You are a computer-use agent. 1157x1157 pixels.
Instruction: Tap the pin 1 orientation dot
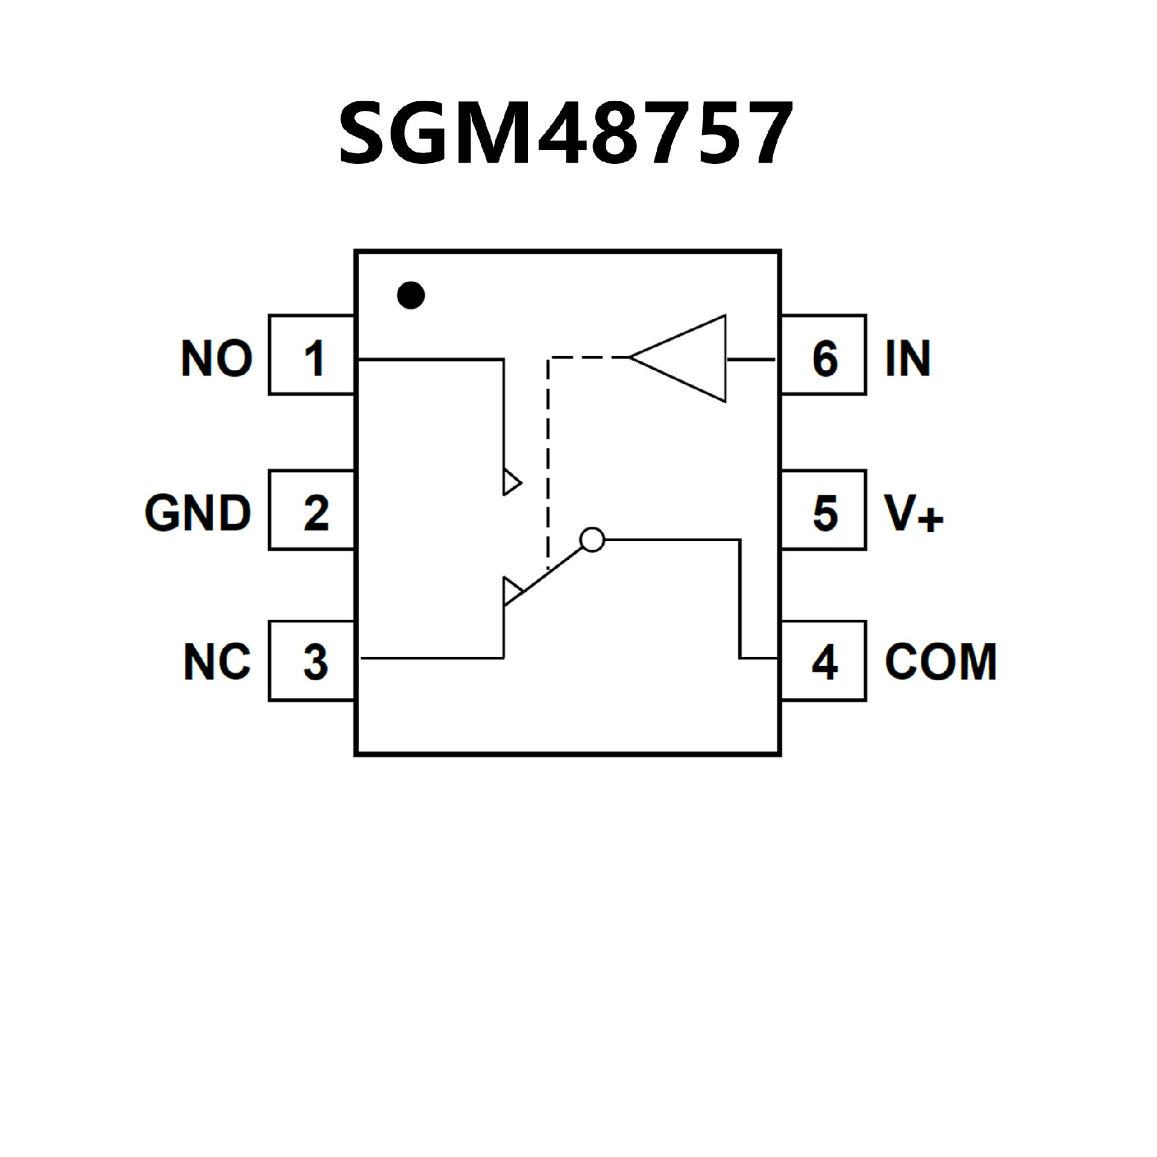click(411, 295)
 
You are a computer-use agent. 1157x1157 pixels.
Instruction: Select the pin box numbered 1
click(312, 355)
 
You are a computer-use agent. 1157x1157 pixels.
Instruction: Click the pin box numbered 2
click(312, 510)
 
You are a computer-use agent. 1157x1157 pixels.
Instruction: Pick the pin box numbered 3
click(312, 661)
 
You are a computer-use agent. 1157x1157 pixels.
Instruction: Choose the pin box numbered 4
click(824, 661)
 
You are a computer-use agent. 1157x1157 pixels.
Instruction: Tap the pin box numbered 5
click(824, 510)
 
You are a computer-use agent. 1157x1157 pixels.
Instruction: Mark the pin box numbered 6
click(824, 355)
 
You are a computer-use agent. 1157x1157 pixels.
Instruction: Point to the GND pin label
click(198, 513)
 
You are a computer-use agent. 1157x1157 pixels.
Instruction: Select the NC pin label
click(217, 662)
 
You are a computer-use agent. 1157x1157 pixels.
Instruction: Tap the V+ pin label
click(913, 513)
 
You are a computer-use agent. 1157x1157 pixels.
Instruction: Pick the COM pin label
click(941, 662)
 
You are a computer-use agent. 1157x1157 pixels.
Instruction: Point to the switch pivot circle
click(592, 540)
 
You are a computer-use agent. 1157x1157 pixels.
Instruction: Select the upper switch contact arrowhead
click(511, 482)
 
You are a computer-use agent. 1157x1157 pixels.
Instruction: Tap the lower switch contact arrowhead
click(511, 591)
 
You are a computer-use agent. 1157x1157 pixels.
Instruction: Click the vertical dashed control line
click(547, 464)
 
